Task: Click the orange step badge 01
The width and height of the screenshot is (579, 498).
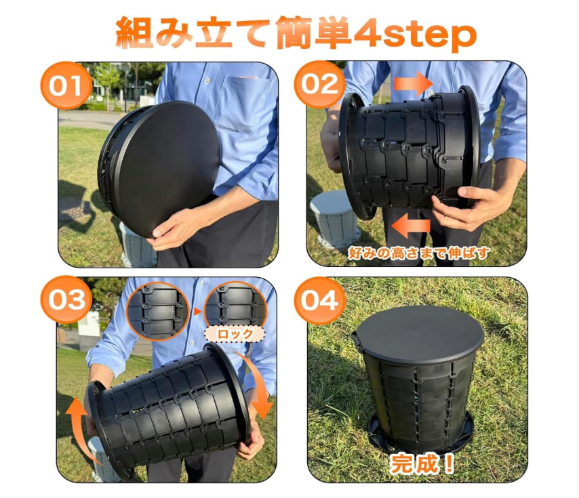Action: click(66, 85)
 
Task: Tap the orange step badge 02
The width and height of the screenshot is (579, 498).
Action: click(320, 84)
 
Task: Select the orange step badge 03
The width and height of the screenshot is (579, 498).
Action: click(66, 299)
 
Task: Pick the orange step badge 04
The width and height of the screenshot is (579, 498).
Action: click(320, 301)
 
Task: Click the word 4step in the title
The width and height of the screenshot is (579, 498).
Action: click(414, 34)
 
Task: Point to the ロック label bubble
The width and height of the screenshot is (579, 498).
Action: click(235, 334)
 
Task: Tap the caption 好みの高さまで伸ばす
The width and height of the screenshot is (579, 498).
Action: click(419, 253)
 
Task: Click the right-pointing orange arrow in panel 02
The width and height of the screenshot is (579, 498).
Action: click(413, 84)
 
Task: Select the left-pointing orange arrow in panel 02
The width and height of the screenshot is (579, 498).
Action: click(411, 226)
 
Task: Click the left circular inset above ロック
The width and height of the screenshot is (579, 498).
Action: click(158, 311)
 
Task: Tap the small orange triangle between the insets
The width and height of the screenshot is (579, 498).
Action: click(197, 312)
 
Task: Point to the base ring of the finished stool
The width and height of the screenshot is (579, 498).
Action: click(421, 439)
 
